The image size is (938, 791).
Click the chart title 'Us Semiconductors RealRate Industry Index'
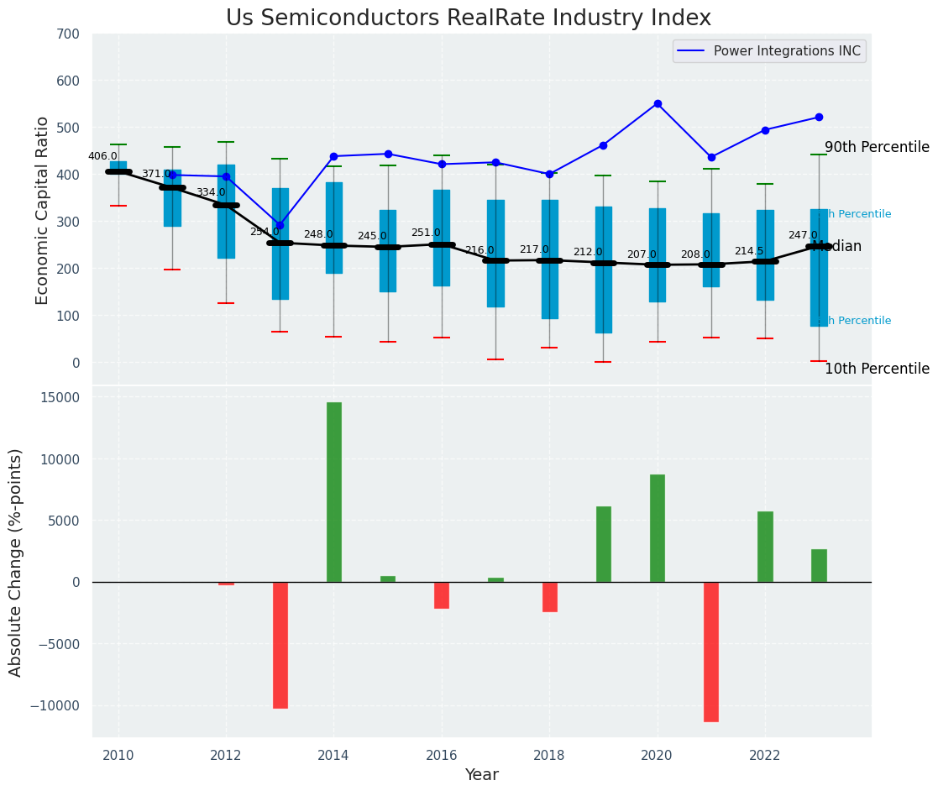(469, 18)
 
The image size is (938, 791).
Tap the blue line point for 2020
(658, 104)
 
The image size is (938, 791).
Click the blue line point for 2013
(280, 225)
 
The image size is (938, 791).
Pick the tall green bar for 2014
(334, 492)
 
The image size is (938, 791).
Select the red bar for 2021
(711, 652)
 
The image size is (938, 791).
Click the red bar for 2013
(280, 645)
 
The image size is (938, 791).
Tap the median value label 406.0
(102, 156)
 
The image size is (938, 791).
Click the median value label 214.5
(749, 251)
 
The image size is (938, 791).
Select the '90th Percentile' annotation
(877, 148)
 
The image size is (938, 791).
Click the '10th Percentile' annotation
(877, 369)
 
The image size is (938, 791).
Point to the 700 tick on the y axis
(69, 34)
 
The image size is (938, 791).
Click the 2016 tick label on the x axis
(442, 756)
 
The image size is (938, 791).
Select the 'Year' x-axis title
(482, 775)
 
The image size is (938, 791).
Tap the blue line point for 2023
(819, 118)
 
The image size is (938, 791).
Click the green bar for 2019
(604, 544)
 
